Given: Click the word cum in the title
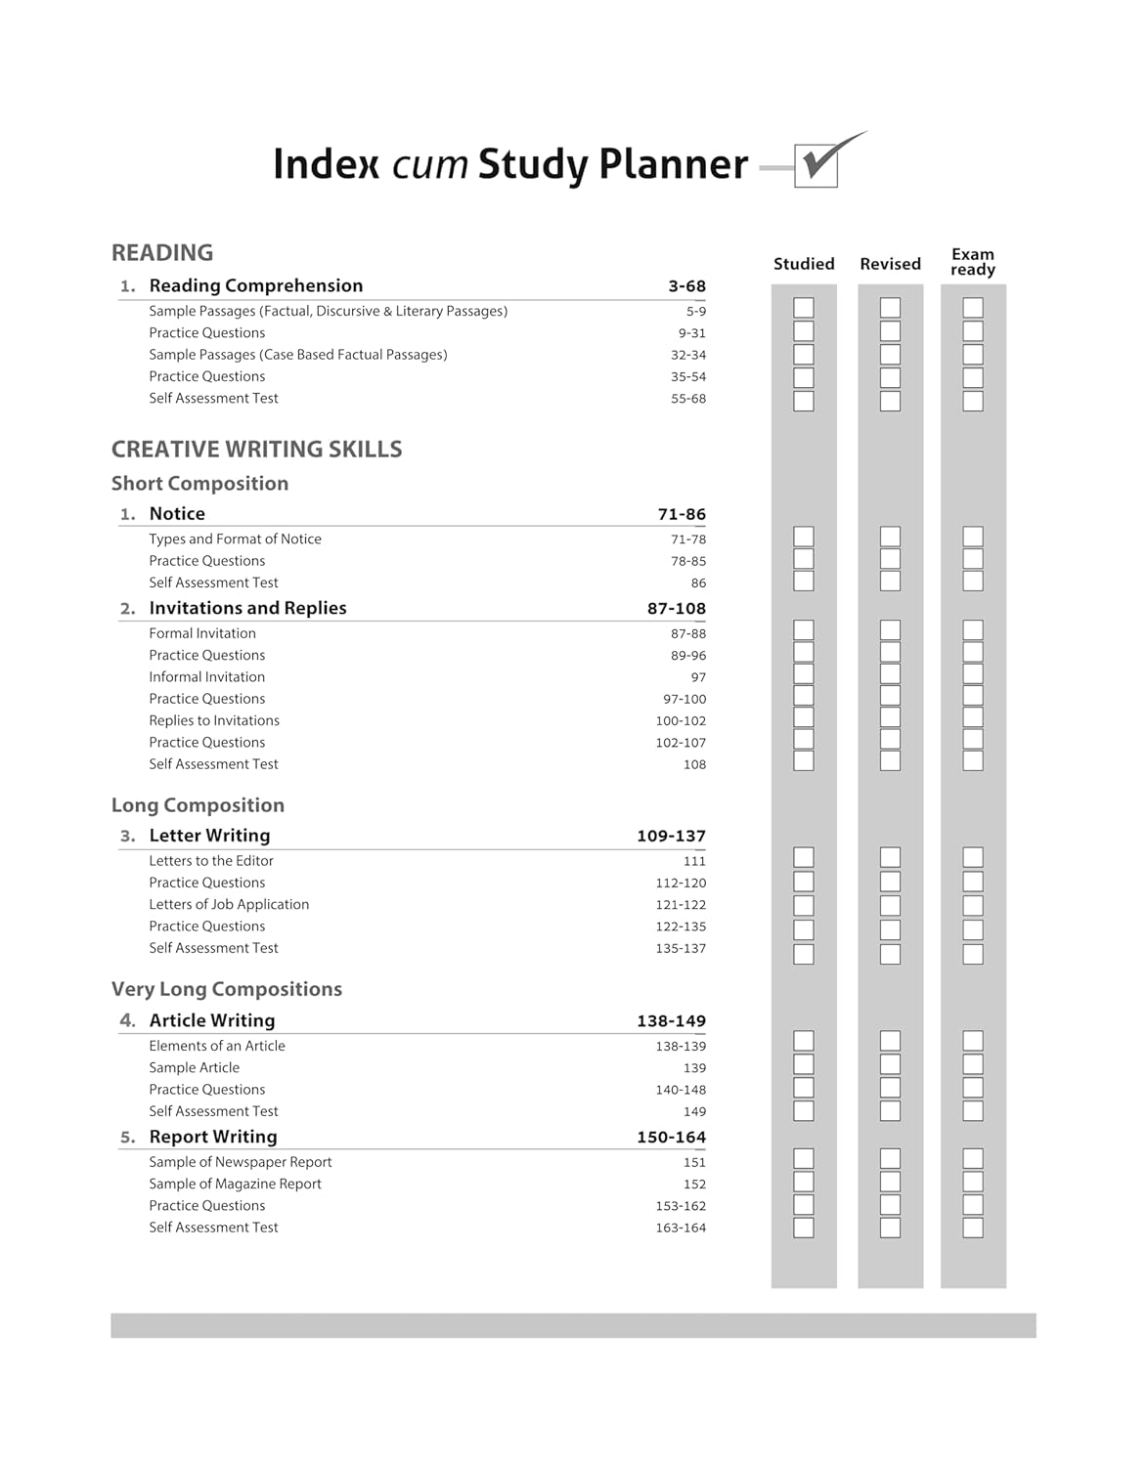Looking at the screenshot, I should pos(429,164).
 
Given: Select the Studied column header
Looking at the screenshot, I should pos(804,264).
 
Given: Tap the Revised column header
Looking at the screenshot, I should pos(890,264).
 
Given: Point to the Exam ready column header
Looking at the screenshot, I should pos(973,262).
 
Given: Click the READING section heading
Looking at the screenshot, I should pos(162,253).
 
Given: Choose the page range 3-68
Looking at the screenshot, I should pos(686,286).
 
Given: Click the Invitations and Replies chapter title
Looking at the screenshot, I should pos(247,608).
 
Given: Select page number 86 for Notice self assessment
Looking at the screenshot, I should pos(698,583).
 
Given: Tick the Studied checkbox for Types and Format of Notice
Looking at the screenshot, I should pos(804,537).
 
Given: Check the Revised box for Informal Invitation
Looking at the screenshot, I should pos(890,674).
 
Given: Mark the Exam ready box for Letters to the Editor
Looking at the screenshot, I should pos(973,858).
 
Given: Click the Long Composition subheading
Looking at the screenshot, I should pos(198,805).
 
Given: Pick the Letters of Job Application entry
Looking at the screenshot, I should pos(229,905).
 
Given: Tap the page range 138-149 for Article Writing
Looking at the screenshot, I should pos(671,1021).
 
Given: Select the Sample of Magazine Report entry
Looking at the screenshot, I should pos(235,1185).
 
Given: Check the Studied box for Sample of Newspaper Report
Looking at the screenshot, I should pos(804,1159).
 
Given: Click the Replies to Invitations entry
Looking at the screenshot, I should pos(214,721).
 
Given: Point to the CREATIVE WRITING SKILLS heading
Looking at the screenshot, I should pos(256,450).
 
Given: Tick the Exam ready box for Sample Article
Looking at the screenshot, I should pos(973,1065).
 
